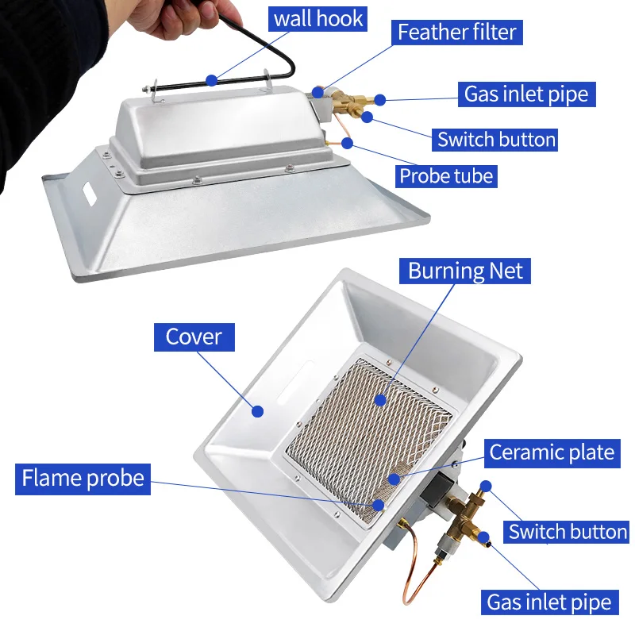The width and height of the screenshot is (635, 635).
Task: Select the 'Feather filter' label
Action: click(x=456, y=33)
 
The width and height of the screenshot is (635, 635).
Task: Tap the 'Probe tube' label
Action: click(x=447, y=175)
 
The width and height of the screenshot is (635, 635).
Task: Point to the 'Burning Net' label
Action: click(x=466, y=271)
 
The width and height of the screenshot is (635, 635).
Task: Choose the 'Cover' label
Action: click(x=194, y=337)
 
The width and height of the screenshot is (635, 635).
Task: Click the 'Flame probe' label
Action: click(x=83, y=479)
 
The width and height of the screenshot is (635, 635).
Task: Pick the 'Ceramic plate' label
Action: click(x=552, y=452)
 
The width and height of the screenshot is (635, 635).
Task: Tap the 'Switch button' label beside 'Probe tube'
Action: click(x=496, y=140)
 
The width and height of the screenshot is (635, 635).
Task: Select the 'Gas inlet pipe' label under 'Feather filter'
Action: click(x=526, y=94)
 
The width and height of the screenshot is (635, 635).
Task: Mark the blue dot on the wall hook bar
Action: click(x=211, y=79)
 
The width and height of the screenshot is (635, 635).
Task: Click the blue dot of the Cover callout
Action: click(x=256, y=410)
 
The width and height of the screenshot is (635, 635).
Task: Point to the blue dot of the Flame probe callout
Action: click(x=379, y=504)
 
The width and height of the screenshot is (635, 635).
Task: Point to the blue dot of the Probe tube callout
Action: click(x=347, y=143)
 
